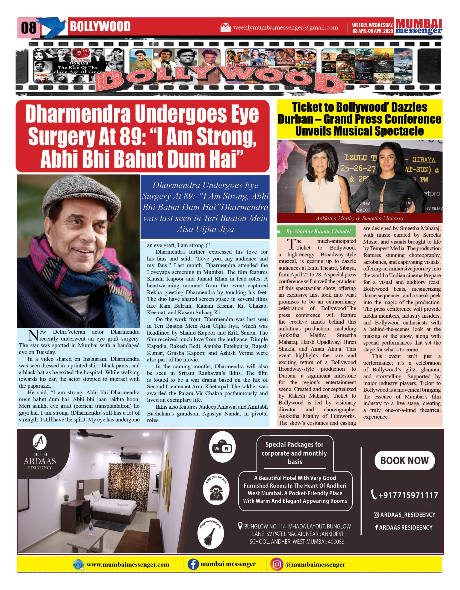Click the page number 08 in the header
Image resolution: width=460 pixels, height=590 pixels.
[x=29, y=28]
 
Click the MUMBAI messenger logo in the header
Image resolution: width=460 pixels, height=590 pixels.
[x=419, y=27]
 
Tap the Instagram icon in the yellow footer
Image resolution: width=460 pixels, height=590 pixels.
[x=276, y=565]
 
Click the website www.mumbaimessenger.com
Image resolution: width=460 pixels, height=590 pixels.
[x=128, y=565]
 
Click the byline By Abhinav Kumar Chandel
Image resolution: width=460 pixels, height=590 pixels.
[x=318, y=232]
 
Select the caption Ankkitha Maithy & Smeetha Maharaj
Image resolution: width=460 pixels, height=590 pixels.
[x=359, y=218]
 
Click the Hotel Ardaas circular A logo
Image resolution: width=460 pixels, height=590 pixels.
[x=40, y=442]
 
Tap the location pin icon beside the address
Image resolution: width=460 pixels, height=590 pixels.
[x=240, y=526]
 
